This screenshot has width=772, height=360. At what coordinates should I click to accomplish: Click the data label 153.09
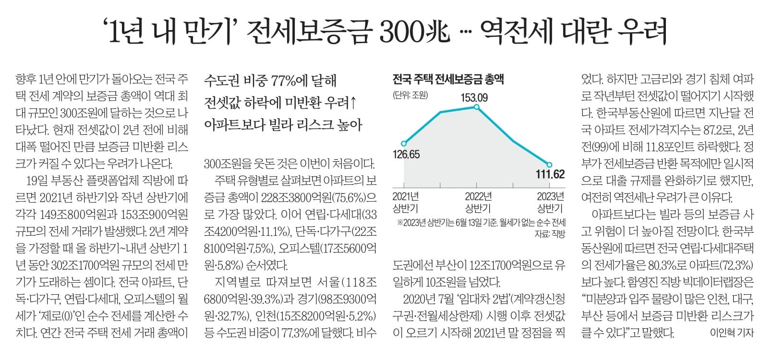tap(474, 98)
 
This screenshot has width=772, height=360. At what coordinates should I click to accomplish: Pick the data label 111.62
tap(550, 174)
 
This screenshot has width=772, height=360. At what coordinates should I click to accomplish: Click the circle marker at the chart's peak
tap(476, 107)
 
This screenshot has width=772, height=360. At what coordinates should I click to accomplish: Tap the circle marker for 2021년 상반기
tap(404, 143)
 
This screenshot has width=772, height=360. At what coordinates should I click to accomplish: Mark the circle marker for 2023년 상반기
tap(549, 165)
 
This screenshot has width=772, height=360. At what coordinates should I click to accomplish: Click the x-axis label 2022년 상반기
tap(478, 202)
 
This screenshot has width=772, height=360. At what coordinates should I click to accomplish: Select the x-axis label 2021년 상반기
tap(406, 202)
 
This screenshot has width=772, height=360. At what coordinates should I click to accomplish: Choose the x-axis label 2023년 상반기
tap(550, 202)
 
